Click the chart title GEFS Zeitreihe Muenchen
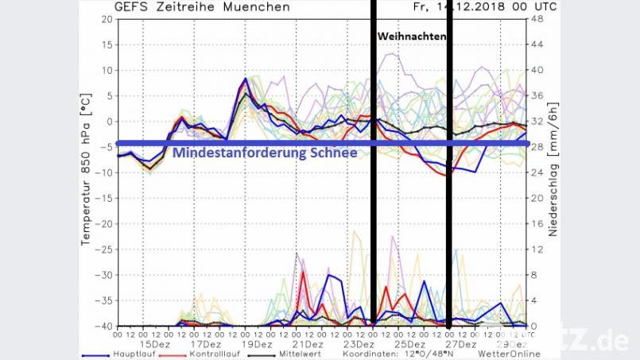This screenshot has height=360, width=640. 202,6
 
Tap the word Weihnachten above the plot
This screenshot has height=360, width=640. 412,37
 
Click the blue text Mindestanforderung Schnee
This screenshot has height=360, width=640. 263,153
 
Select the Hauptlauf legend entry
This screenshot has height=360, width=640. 112,354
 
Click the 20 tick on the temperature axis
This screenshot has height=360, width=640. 105,19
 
